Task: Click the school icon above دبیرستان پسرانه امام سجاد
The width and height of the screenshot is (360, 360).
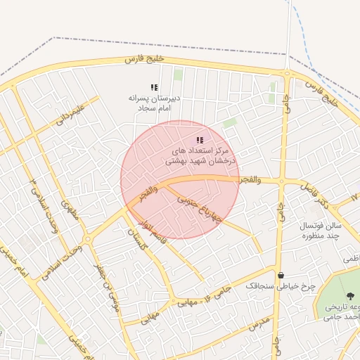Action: pyautogui.click(x=154, y=87)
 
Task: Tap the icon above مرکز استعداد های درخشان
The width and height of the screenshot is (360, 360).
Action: pyautogui.click(x=200, y=140)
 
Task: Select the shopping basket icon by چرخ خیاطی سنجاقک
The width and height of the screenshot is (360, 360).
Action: pyautogui.click(x=281, y=276)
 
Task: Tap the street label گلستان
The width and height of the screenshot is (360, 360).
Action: pyautogui.click(x=138, y=242)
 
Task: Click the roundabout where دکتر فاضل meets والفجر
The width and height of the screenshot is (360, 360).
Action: pyautogui.click(x=281, y=181)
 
